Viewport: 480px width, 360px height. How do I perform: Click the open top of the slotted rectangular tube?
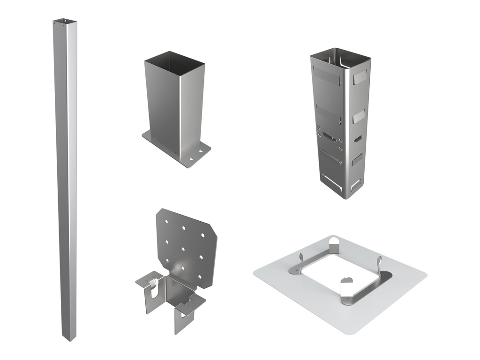[340, 54]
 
